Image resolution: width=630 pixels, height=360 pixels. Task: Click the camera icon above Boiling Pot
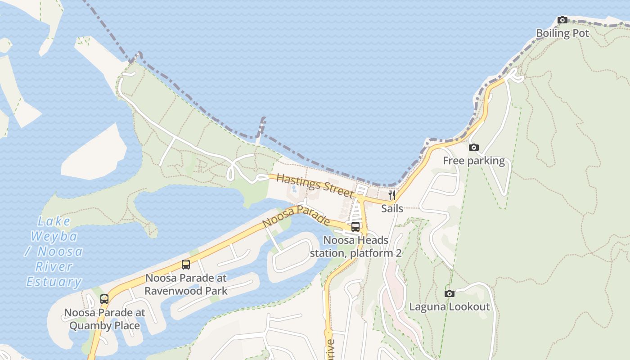point(562,20)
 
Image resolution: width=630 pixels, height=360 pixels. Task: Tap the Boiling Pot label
point(562,33)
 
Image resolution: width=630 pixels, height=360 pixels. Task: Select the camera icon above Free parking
point(473,147)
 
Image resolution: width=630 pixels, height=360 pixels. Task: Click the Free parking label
point(473,161)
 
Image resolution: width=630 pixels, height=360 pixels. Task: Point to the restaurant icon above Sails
point(391,195)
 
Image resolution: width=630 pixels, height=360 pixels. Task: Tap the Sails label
point(391,208)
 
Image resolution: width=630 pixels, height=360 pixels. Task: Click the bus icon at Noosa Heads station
point(355,226)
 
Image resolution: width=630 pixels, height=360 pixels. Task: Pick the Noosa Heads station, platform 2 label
point(355,247)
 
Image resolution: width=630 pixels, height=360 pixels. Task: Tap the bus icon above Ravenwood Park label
point(186,265)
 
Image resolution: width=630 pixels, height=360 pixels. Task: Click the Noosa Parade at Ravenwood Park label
point(186,284)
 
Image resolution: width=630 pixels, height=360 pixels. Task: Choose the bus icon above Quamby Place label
point(104,299)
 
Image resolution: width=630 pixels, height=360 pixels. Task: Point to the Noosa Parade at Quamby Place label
point(104,319)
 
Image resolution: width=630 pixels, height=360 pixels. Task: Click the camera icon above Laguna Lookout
point(449,293)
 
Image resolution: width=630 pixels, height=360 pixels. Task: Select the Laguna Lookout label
point(449,307)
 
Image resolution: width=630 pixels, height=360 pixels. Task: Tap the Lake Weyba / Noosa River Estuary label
point(54,252)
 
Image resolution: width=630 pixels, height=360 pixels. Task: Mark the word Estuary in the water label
point(54,282)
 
